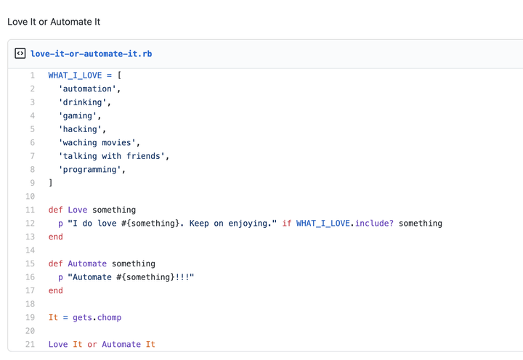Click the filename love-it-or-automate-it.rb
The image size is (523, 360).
pos(91,54)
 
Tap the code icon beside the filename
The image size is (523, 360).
pos(20,54)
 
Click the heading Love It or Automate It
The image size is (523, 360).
pos(54,22)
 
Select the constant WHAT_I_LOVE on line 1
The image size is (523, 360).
pos(75,75)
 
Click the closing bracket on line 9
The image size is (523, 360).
pos(51,183)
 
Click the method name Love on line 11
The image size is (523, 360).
pos(78,210)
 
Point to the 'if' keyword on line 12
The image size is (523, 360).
pos(286,224)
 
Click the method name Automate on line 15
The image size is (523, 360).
pos(87,263)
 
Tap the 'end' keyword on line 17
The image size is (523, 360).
pos(56,290)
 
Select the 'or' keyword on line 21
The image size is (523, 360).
pos(92,345)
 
